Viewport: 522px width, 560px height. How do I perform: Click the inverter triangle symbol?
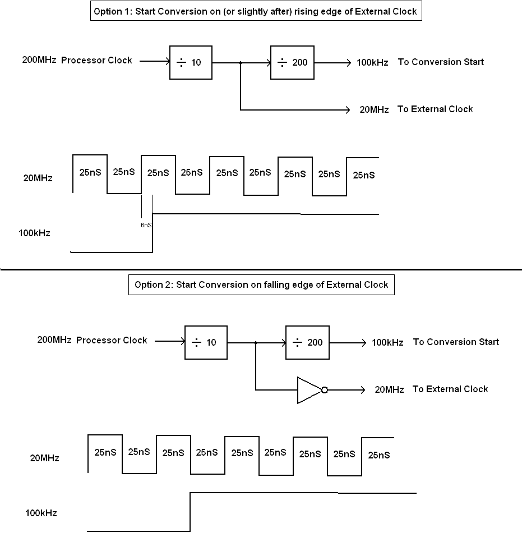[x=308, y=390]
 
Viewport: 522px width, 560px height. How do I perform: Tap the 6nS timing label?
[x=146, y=225]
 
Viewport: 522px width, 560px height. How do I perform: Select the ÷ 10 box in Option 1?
[x=191, y=62]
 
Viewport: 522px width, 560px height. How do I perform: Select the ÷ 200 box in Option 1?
[x=292, y=62]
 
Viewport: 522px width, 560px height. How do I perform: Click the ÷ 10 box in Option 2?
[x=206, y=342]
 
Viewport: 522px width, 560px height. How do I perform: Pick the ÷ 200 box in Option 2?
[x=307, y=342]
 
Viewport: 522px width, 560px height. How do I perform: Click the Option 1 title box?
[x=256, y=11]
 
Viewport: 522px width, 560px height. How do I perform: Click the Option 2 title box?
[x=261, y=284]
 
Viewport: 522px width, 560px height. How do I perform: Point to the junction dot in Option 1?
[x=241, y=63]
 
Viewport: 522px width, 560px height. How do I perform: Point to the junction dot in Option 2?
[x=256, y=342]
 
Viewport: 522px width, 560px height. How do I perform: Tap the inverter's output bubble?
[x=324, y=390]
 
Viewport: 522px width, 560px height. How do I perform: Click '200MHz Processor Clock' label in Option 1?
[x=77, y=60]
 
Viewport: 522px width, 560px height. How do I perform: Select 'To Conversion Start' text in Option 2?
[x=456, y=342]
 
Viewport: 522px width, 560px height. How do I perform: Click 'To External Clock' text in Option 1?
[x=435, y=109]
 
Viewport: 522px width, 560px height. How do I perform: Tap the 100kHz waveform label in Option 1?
[x=34, y=233]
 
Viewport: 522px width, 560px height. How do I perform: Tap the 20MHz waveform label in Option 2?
[x=44, y=458]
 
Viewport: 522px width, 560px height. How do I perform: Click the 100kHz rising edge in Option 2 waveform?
[x=191, y=512]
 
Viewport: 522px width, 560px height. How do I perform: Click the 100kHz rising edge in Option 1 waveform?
[x=153, y=233]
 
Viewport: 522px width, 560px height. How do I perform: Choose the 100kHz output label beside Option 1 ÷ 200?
[x=372, y=62]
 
